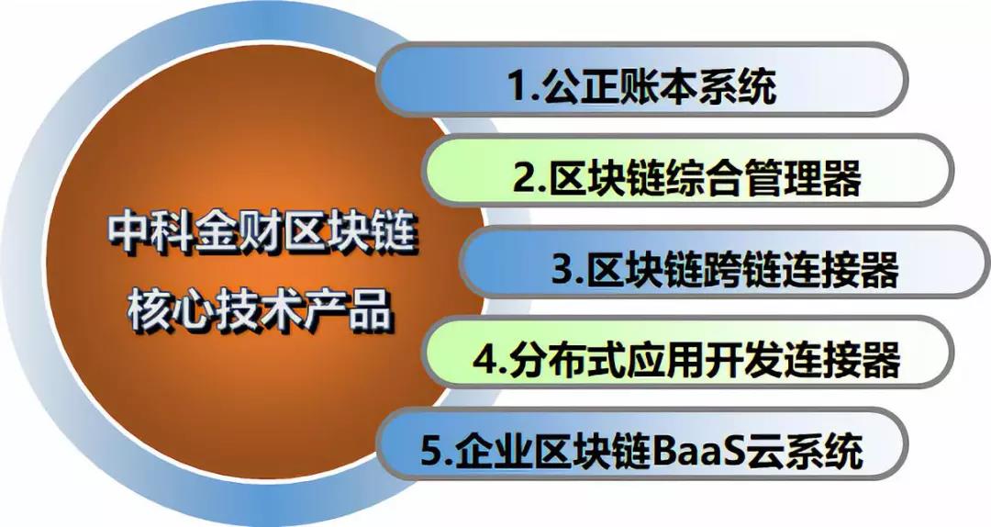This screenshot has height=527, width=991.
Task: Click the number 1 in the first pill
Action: coord(519,85)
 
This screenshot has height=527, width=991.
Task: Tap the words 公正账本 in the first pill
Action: coord(612,85)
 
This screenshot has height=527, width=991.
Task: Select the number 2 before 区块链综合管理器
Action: coord(526,178)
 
